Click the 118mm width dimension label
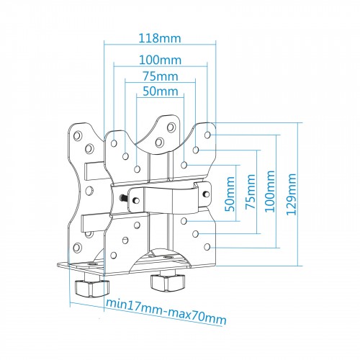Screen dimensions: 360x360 point(160,39)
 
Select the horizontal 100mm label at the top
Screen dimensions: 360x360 point(160,60)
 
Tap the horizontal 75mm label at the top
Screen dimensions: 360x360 point(161,76)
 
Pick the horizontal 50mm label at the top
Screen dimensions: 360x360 point(161,91)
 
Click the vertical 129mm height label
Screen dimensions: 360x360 point(292,194)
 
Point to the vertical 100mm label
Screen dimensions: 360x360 point(269,192)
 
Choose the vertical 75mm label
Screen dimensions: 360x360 point(251,192)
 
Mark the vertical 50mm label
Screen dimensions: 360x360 point(230,194)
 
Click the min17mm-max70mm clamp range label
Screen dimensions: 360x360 point(166,311)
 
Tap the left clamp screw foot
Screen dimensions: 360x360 point(92,287)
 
